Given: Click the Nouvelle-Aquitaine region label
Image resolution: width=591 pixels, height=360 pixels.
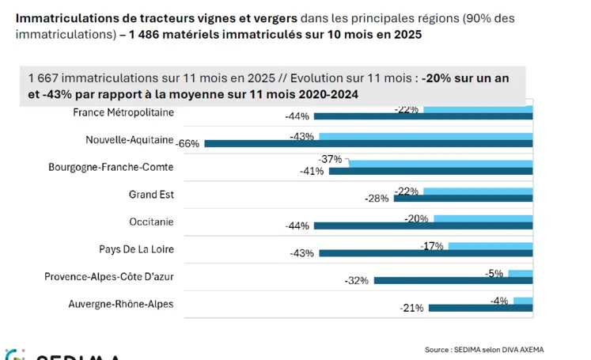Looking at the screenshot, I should click(x=130, y=140).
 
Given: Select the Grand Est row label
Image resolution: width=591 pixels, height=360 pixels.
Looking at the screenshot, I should click(x=151, y=195).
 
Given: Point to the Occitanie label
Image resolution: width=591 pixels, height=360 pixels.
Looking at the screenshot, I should click(x=151, y=222).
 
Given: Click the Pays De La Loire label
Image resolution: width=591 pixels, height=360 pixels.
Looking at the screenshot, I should click(x=136, y=249).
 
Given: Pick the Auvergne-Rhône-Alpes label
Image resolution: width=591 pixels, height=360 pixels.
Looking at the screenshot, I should click(x=121, y=304).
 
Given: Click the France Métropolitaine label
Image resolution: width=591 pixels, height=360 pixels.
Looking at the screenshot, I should click(x=123, y=112).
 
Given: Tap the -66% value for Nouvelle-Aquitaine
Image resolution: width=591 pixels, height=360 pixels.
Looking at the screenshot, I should click(x=188, y=143).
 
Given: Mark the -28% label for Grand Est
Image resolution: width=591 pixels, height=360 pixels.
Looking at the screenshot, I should click(x=377, y=198).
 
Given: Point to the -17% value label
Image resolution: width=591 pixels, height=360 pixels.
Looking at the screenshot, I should click(x=432, y=246).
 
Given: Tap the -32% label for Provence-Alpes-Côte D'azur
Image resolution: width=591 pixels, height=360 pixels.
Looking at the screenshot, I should click(x=357, y=280).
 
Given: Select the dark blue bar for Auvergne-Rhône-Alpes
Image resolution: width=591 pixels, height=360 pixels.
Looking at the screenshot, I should click(x=480, y=308).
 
